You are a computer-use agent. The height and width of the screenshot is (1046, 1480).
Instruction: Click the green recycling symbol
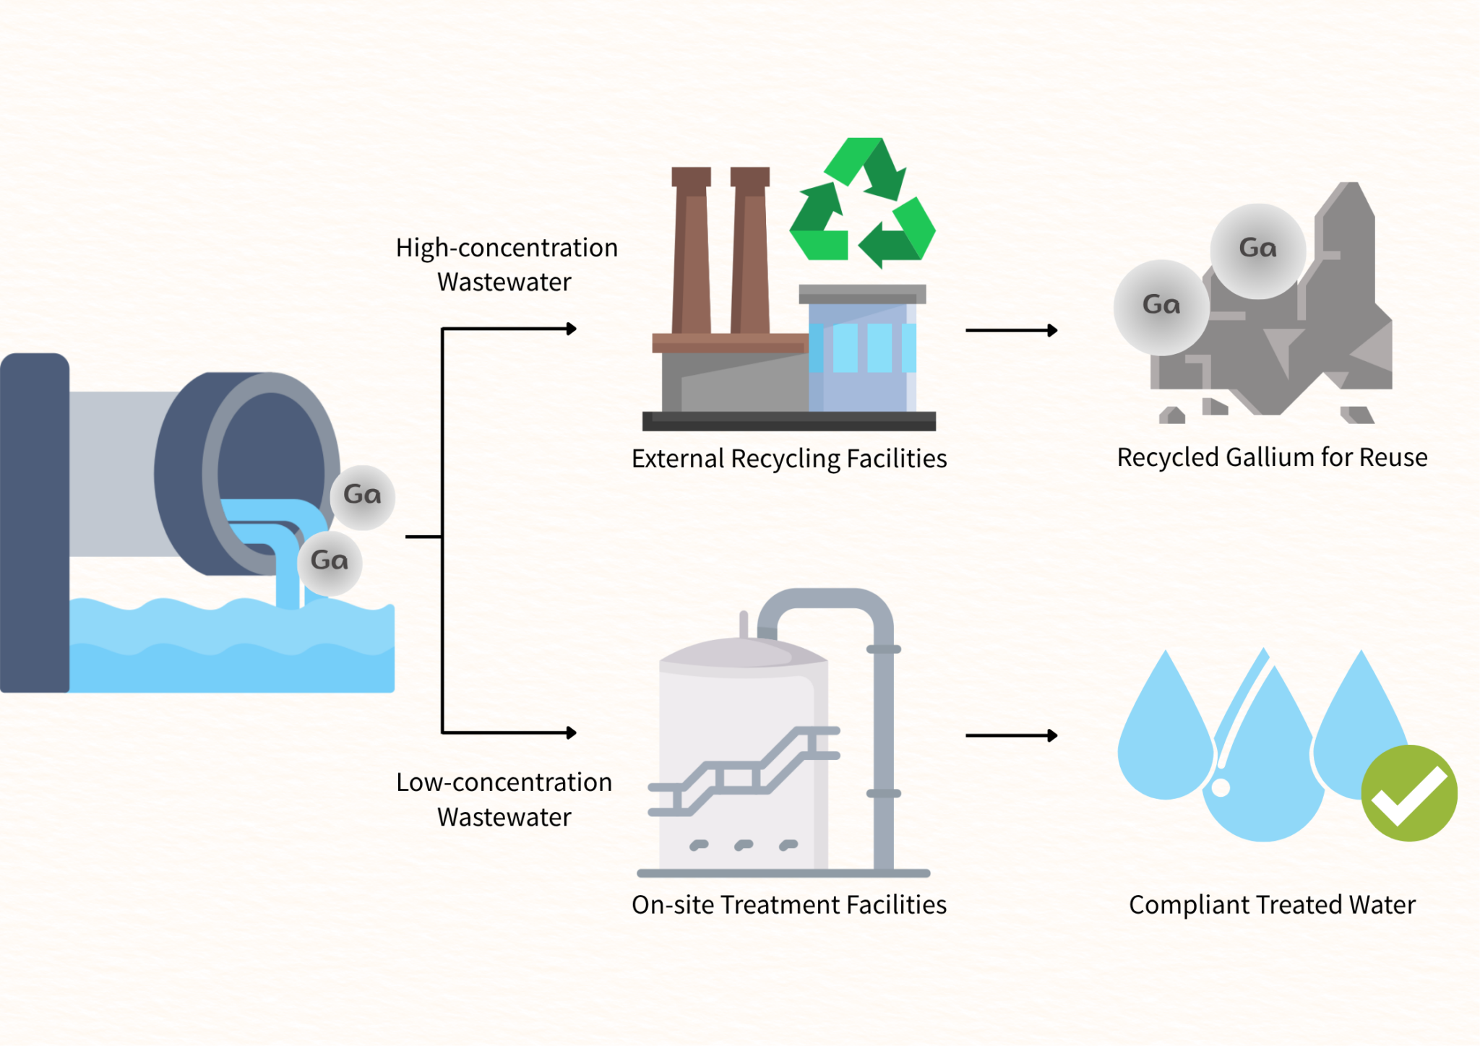click(x=862, y=203)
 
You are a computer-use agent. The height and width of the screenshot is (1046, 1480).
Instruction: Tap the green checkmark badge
click(x=1408, y=793)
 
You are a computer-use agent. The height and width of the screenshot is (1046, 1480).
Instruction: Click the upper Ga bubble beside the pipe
click(x=362, y=496)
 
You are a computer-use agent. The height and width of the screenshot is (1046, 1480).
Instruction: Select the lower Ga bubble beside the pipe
click(x=330, y=562)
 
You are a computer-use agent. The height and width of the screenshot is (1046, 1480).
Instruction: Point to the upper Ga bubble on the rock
click(x=1257, y=250)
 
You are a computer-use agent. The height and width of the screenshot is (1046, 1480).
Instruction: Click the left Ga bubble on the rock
click(x=1161, y=306)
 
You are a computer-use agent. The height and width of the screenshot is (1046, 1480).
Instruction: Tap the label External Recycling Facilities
click(x=788, y=459)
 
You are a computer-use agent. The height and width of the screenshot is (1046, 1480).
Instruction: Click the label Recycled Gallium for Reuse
click(x=1272, y=457)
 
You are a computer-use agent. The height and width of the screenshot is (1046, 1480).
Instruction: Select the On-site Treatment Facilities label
click(x=788, y=904)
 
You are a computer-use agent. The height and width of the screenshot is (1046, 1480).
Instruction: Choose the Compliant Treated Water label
click(x=1272, y=904)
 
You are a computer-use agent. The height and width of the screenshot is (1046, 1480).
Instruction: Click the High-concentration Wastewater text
click(x=506, y=264)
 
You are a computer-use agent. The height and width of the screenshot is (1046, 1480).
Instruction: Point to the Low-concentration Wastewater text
click(x=504, y=799)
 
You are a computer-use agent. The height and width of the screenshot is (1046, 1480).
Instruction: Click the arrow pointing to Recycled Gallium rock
click(x=1011, y=330)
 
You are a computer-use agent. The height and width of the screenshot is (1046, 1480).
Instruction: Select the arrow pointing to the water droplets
click(x=1011, y=735)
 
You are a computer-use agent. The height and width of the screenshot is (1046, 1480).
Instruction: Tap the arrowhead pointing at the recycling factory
click(x=572, y=329)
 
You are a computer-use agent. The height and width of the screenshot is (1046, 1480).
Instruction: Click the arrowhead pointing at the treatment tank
click(x=572, y=732)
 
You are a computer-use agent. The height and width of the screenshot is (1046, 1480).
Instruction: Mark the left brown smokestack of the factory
click(x=691, y=253)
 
